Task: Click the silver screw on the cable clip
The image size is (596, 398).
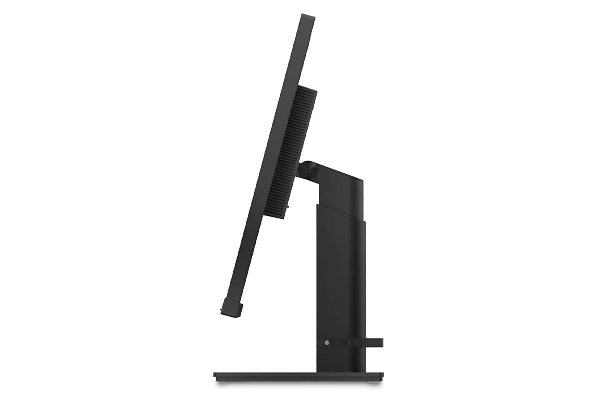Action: (x=326, y=343)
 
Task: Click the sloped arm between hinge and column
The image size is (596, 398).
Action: (x=335, y=174)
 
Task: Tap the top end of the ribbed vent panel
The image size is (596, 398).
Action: (x=307, y=90)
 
